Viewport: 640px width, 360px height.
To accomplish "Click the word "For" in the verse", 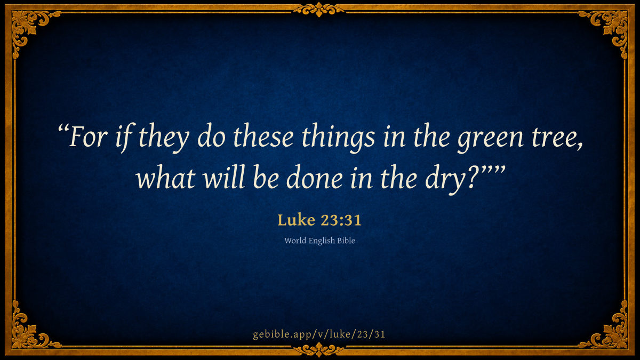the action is coord(88,137).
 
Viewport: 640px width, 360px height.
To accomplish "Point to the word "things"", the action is coord(338,138).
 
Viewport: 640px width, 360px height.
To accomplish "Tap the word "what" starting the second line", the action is coord(166,177).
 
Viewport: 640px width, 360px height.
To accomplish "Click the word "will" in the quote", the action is coord(224,177).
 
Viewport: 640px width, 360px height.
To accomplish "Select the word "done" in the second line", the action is coord(314,177).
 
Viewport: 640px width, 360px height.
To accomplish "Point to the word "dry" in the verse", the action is coord(446,179).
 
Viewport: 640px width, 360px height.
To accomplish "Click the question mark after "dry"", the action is coord(475,177).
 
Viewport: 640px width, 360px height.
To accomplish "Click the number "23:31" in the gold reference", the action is coord(341,220).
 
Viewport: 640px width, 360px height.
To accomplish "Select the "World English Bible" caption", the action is coord(319,241).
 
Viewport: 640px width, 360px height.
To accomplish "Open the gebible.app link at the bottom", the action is coord(319,334).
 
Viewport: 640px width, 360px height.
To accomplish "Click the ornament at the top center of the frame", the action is coord(319,10).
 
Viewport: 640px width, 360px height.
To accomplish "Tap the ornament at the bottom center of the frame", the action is coord(319,350).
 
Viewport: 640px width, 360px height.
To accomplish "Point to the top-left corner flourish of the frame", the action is coord(29,27).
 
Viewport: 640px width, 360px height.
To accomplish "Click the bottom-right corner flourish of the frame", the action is coord(611,333).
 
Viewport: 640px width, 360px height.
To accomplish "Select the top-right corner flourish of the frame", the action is coord(611,27).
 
